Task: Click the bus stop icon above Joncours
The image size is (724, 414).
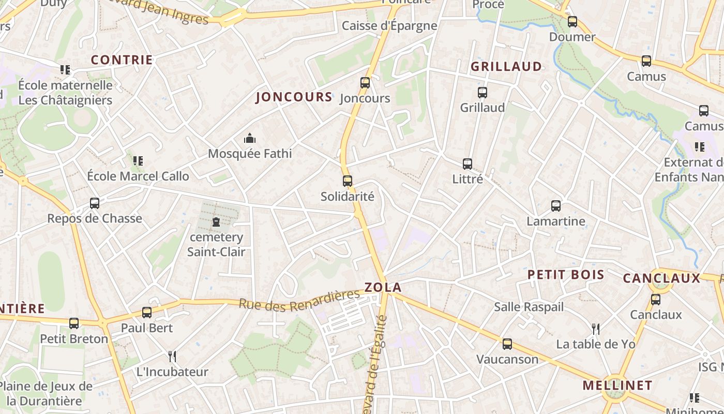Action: coord(365,83)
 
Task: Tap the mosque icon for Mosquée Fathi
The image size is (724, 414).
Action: coord(250,139)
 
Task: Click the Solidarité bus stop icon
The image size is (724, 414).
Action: coord(348,181)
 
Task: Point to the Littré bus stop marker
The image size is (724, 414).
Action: coord(467,164)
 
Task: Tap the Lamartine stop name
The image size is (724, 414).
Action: coord(556,221)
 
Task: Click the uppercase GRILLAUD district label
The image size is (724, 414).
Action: coord(506,67)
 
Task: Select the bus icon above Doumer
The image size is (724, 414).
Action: coord(572,22)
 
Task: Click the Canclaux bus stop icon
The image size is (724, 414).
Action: coord(656,300)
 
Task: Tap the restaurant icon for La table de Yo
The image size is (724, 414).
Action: coord(595,329)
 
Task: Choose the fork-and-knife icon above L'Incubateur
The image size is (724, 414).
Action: coord(172,357)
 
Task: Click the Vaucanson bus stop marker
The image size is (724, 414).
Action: coord(507,344)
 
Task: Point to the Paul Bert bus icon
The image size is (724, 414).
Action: coord(147,313)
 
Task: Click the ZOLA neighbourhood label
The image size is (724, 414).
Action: coord(383,288)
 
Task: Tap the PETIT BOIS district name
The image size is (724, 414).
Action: coord(566,275)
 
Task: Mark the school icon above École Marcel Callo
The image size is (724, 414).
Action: coord(138,161)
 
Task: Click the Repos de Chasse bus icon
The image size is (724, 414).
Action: coord(95,203)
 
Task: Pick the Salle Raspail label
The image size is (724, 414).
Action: coord(529,307)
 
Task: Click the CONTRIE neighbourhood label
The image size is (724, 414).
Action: coord(122,60)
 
